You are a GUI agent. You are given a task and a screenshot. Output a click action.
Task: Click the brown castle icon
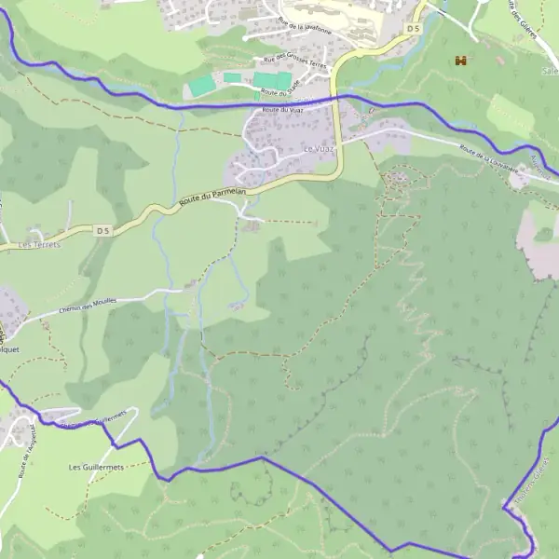(459, 61)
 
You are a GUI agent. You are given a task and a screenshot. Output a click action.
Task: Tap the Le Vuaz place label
(318, 149)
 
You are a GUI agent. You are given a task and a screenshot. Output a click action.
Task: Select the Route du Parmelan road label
(211, 197)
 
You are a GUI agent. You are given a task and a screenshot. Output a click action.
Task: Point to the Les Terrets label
(39, 245)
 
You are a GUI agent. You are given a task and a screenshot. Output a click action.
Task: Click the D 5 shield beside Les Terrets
(102, 229)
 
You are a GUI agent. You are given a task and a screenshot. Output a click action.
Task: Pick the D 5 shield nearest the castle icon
(414, 29)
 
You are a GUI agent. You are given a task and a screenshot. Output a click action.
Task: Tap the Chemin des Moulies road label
(89, 306)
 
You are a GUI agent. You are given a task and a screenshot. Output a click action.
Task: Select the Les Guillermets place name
(95, 467)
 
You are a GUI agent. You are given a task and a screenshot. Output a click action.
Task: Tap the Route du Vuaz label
(284, 110)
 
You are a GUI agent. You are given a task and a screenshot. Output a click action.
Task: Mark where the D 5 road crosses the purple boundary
(338, 96)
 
